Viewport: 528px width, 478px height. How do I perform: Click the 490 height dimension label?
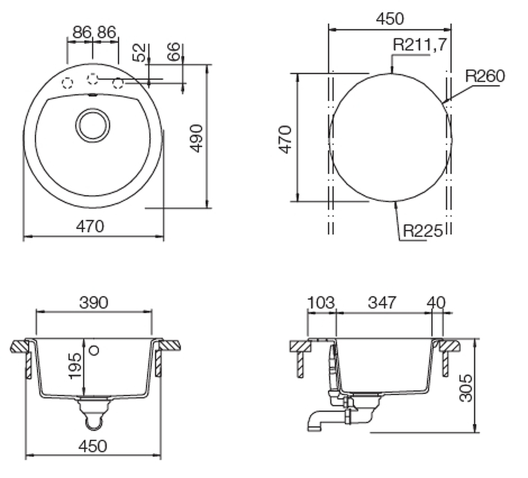click(197, 138)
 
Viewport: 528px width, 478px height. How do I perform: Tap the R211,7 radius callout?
click(420, 45)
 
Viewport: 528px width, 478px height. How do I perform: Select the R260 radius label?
click(485, 76)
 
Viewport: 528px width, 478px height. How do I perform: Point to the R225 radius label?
click(423, 231)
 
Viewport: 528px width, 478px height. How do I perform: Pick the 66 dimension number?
click(174, 52)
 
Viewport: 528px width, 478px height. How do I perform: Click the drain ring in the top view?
click(92, 125)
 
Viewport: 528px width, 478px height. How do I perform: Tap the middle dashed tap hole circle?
click(92, 79)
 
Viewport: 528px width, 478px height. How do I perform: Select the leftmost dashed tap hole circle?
click(67, 83)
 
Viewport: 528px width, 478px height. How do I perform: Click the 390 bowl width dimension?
click(94, 302)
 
